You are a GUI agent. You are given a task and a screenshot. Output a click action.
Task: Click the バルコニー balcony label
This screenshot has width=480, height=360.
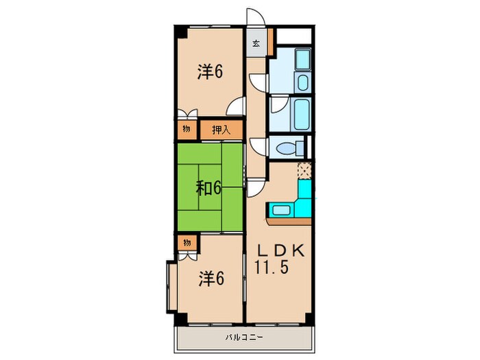[244, 337]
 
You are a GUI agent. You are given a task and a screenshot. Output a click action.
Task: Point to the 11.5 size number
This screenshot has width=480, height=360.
[272, 267]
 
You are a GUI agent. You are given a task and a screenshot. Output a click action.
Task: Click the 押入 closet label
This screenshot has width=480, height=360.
[221, 130]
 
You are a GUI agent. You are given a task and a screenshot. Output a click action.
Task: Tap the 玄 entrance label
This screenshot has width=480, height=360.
[256, 43]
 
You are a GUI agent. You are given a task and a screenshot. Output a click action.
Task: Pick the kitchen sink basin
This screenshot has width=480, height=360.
[281, 211]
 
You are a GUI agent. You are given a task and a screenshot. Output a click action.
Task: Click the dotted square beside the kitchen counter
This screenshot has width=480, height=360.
[304, 171]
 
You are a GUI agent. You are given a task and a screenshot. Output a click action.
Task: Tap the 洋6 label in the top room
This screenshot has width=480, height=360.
[210, 72]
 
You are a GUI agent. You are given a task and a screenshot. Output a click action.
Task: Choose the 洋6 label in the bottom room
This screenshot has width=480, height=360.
[211, 279]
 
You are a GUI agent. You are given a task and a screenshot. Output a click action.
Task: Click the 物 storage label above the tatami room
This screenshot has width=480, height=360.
[186, 129]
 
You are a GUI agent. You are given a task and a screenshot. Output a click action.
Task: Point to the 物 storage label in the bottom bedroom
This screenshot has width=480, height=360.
[187, 243]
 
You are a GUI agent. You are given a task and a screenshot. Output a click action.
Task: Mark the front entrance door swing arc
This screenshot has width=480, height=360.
[260, 14]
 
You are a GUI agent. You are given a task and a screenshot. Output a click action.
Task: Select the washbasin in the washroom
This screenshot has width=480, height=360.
[303, 82]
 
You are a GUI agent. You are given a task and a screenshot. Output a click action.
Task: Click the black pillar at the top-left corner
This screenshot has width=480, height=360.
[180, 32]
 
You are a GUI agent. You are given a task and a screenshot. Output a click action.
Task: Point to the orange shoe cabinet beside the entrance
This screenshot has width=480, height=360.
[270, 42]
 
